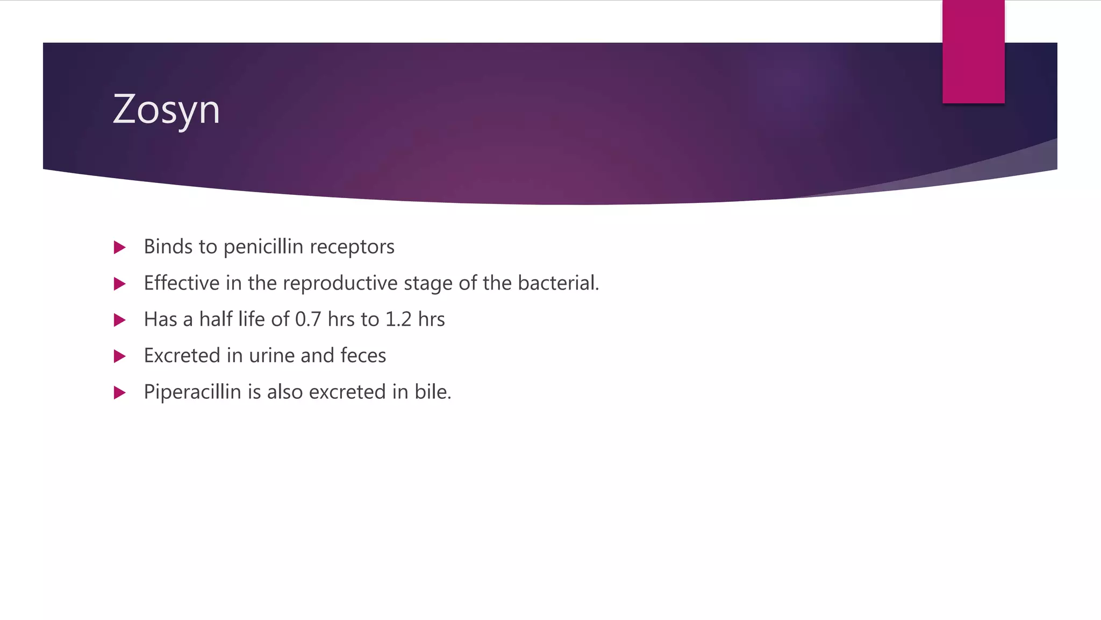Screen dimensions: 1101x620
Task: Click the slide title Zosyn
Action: coord(166,110)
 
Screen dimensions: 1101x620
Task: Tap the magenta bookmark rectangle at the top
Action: coord(973,52)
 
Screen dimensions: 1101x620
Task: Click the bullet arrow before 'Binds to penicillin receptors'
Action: coord(120,248)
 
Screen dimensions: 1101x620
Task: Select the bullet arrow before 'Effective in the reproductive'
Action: coord(120,284)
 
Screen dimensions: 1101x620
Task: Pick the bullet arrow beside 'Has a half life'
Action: coord(120,320)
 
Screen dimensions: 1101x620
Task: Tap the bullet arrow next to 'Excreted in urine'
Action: coord(120,356)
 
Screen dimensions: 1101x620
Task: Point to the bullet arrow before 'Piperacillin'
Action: coord(120,393)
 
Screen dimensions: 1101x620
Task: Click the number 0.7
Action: coord(308,320)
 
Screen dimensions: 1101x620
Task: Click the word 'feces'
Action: coord(363,356)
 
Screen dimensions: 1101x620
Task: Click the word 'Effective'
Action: coord(182,283)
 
